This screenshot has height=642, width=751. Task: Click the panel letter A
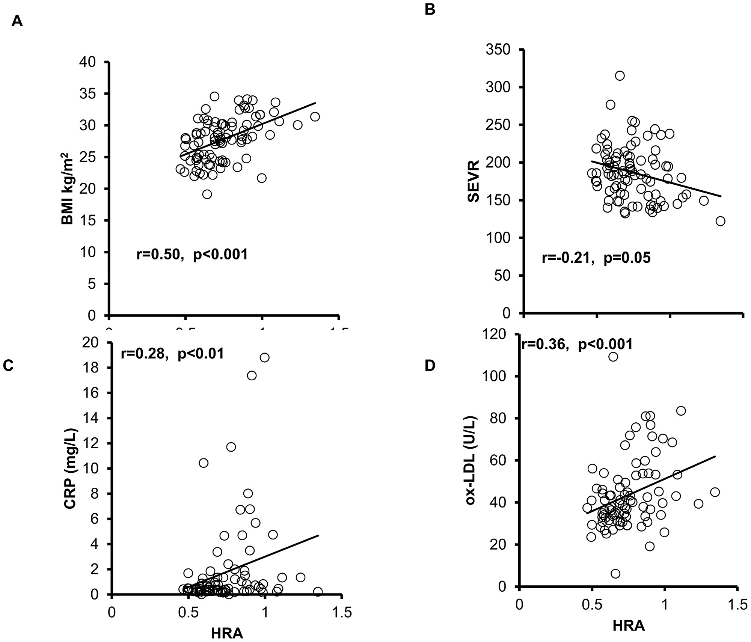[17, 22]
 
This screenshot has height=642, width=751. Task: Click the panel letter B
[430, 9]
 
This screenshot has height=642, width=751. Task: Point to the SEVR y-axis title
[474, 181]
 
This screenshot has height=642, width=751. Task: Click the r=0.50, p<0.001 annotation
[192, 255]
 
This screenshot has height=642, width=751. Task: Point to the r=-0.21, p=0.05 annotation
[596, 258]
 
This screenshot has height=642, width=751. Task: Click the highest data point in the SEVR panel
[620, 76]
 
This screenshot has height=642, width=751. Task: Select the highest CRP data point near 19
[264, 357]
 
